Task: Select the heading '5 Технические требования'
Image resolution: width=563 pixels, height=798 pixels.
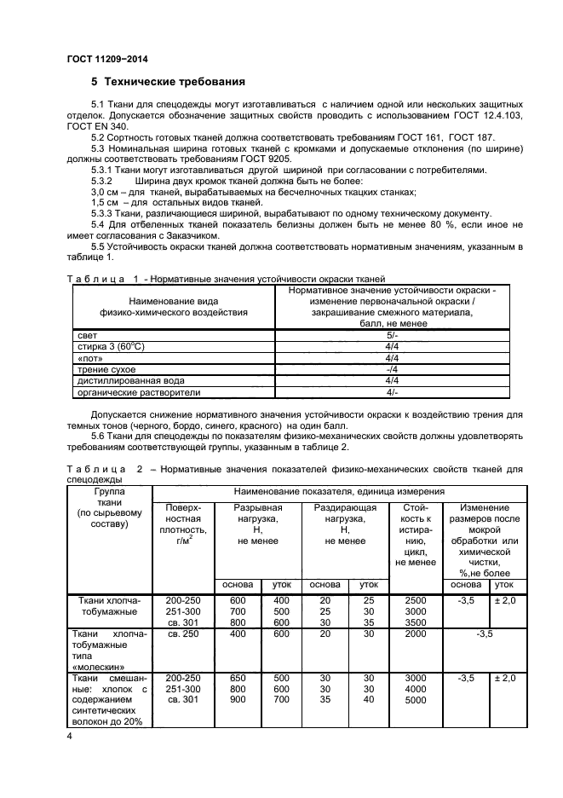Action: tap(169, 83)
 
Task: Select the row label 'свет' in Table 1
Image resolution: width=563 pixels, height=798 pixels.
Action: tap(88, 336)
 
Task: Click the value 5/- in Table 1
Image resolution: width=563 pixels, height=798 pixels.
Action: tap(392, 336)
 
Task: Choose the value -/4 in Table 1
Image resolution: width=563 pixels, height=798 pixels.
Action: tap(392, 369)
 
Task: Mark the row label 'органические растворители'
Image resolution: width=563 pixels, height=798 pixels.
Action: tap(138, 392)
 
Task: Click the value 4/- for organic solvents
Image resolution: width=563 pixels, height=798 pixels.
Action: tap(392, 392)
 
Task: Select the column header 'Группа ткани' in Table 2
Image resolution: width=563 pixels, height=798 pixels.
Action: tap(111, 508)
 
